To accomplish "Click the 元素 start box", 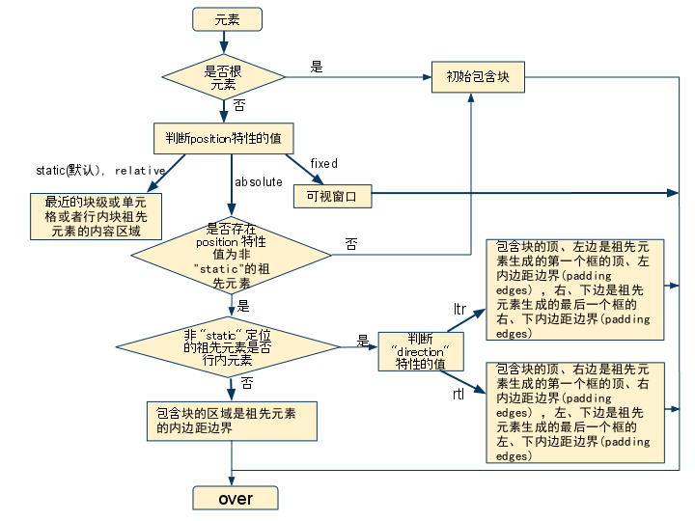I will pos(227,19).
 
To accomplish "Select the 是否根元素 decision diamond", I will pos(223,77).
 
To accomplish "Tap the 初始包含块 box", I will pos(478,77).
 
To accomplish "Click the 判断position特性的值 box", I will pos(223,138).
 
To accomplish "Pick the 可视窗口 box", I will pos(332,196).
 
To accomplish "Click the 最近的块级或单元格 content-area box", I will pos(96,216).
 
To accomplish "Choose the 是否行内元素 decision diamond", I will pos(228,347).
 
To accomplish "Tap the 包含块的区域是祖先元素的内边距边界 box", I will pos(231,421).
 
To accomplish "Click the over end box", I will pos(236,498).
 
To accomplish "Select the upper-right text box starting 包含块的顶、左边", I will pos(573,289).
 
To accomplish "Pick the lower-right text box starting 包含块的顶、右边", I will pos(573,412).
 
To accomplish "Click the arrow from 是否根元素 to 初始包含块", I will pos(357,77).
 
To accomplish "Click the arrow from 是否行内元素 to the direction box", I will pos(359,346).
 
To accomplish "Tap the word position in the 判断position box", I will pos(210,139).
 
